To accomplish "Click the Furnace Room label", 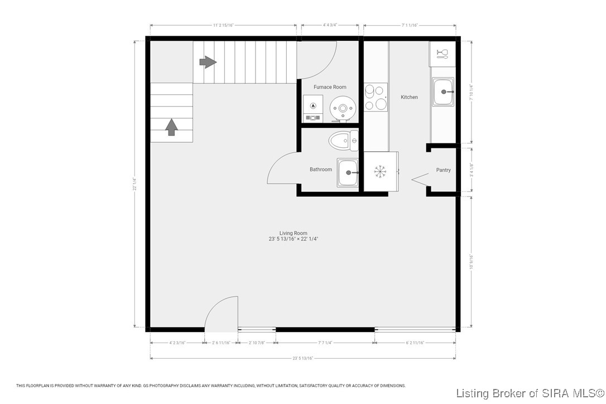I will [329, 87].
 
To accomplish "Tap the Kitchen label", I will [409, 97].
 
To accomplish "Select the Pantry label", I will [443, 170].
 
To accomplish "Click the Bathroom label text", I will [321, 170].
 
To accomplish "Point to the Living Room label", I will [294, 233].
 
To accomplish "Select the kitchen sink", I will [444, 90].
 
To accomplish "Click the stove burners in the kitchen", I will [376, 97].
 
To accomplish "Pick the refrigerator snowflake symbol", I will [381, 172].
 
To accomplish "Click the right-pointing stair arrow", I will [208, 62].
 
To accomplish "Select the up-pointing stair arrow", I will [171, 127].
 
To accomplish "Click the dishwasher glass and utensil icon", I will [442, 54].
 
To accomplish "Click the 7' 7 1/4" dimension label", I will [325, 343].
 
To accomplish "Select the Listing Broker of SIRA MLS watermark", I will [530, 393].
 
